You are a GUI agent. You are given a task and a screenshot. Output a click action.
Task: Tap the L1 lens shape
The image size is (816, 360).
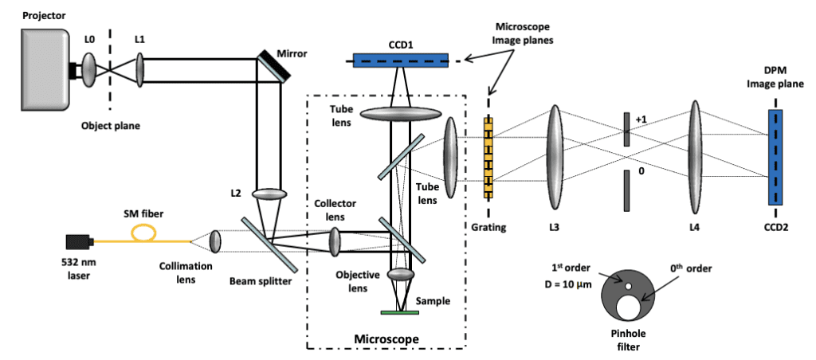[x=140, y=69]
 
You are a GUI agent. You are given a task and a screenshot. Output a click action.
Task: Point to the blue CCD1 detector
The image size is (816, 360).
[x=401, y=60]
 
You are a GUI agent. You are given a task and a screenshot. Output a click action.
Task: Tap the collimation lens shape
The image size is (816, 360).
[x=215, y=241]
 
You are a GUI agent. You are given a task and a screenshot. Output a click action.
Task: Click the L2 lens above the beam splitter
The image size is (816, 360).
[x=269, y=194]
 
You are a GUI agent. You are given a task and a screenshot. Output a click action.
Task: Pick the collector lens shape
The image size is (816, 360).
[x=335, y=240]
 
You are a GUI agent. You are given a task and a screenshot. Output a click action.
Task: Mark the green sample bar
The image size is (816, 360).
[x=401, y=311]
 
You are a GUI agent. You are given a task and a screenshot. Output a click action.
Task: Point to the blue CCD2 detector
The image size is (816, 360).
[x=774, y=157]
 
